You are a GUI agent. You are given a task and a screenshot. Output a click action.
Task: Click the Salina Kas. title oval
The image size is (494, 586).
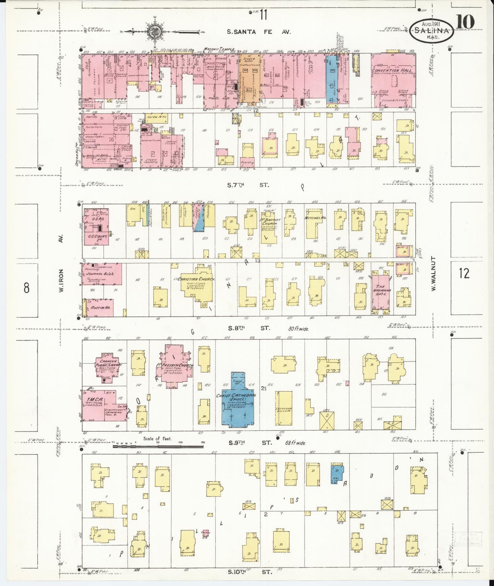click(x=432, y=30)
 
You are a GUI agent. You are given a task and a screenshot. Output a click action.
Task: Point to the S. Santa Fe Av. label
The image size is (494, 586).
click(x=259, y=32)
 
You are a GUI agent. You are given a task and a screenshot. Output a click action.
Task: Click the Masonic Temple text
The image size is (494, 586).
click(x=219, y=50)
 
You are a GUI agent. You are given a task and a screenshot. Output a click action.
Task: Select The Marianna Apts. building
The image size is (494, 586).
click(x=380, y=290)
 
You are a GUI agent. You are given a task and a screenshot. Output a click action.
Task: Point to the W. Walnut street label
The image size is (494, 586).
click(x=433, y=274)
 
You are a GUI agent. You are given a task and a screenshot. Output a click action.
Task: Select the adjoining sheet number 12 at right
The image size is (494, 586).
click(x=464, y=274)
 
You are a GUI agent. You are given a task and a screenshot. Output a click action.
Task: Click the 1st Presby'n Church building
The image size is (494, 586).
click(x=175, y=365)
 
